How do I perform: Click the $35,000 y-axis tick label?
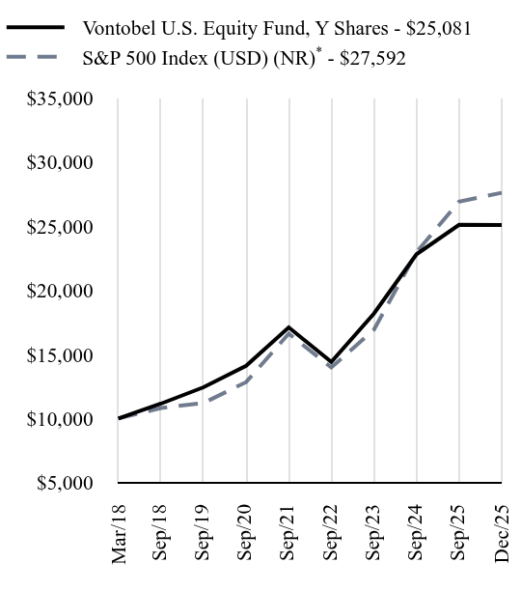point(60,98)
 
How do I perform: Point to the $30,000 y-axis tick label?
point(60,162)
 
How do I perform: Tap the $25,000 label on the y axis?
point(60,227)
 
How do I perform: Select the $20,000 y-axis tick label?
point(60,291)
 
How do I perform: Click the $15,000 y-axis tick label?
point(60,355)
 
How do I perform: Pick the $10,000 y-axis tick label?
point(60,419)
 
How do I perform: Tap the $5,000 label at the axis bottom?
point(65,483)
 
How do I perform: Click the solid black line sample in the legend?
point(36,28)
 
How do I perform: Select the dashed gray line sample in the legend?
point(36,59)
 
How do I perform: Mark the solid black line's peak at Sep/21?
point(289,327)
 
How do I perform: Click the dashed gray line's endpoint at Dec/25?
point(502,193)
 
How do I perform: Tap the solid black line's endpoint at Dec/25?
point(502,225)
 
